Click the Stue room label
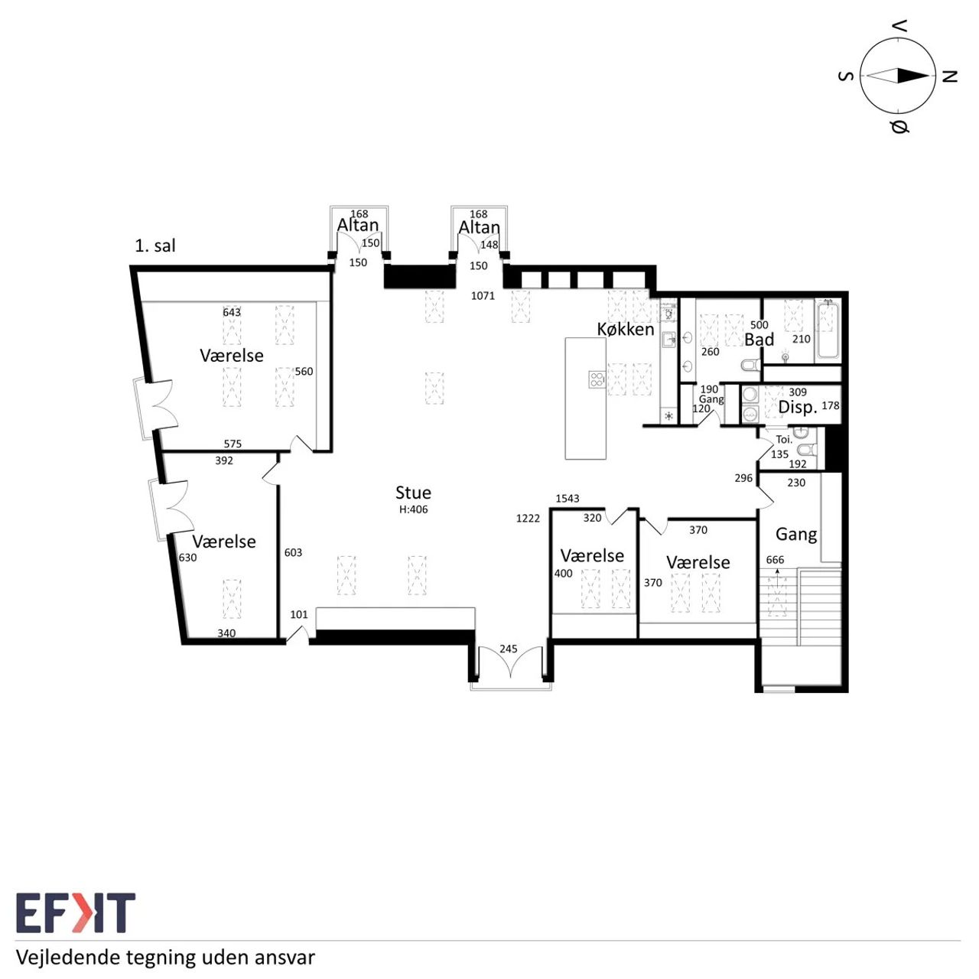(413, 493)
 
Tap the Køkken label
(626, 329)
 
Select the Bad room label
(759, 340)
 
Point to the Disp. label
(798, 408)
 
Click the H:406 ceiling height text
(414, 509)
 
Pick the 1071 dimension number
(483, 296)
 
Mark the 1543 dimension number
(567, 499)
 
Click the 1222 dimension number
(528, 519)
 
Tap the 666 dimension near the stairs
(775, 560)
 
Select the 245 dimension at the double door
(508, 649)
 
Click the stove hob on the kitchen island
(597, 379)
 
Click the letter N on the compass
(949, 76)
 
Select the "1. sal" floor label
(155, 246)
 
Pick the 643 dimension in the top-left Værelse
(232, 313)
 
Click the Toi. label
(784, 440)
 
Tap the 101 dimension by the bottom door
(299, 615)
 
